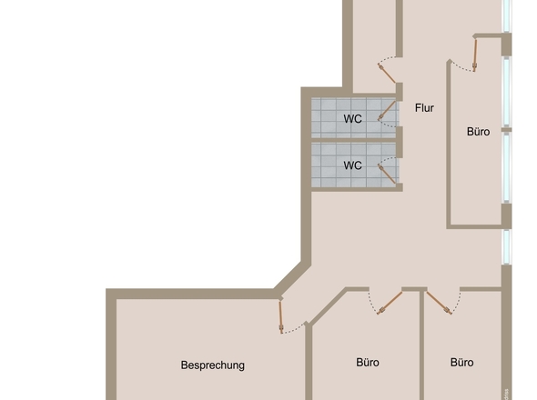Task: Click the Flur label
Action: tap(424, 108)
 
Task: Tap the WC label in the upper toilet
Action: tap(352, 118)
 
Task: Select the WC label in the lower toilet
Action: tap(352, 165)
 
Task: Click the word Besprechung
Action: tap(213, 365)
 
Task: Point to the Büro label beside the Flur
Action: tap(478, 132)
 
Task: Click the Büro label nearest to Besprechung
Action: tap(368, 362)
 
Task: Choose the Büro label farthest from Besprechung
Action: tap(462, 362)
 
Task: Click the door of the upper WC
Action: tap(387, 114)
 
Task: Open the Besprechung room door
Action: tap(282, 315)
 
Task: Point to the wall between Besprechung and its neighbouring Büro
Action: tap(309, 364)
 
